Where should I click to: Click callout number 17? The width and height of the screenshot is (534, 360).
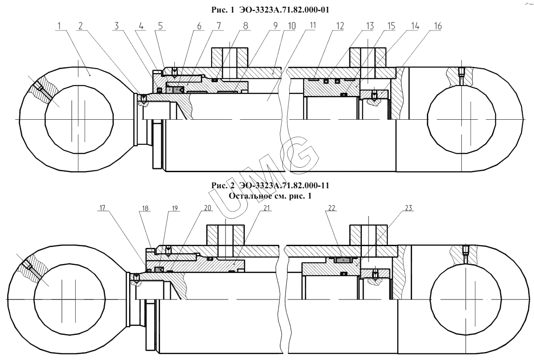click(x=103, y=208)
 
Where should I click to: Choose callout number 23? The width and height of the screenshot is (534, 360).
click(x=408, y=208)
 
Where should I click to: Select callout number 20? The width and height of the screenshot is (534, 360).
click(x=208, y=208)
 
